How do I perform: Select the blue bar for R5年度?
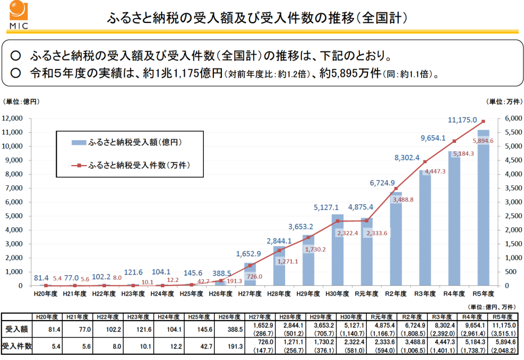pyautogui.click(x=483, y=208)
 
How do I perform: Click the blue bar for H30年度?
pyautogui.click(x=337, y=250)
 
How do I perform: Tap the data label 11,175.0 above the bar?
pyautogui.click(x=462, y=121)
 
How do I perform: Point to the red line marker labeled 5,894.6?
pyautogui.click(x=483, y=122)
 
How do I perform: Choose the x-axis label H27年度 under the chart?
pyautogui.click(x=250, y=293)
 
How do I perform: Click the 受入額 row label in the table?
pyautogui.click(x=16, y=329)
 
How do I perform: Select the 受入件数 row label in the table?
pyautogui.click(x=16, y=347)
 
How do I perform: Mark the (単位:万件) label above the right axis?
pyautogui.click(x=504, y=101)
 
